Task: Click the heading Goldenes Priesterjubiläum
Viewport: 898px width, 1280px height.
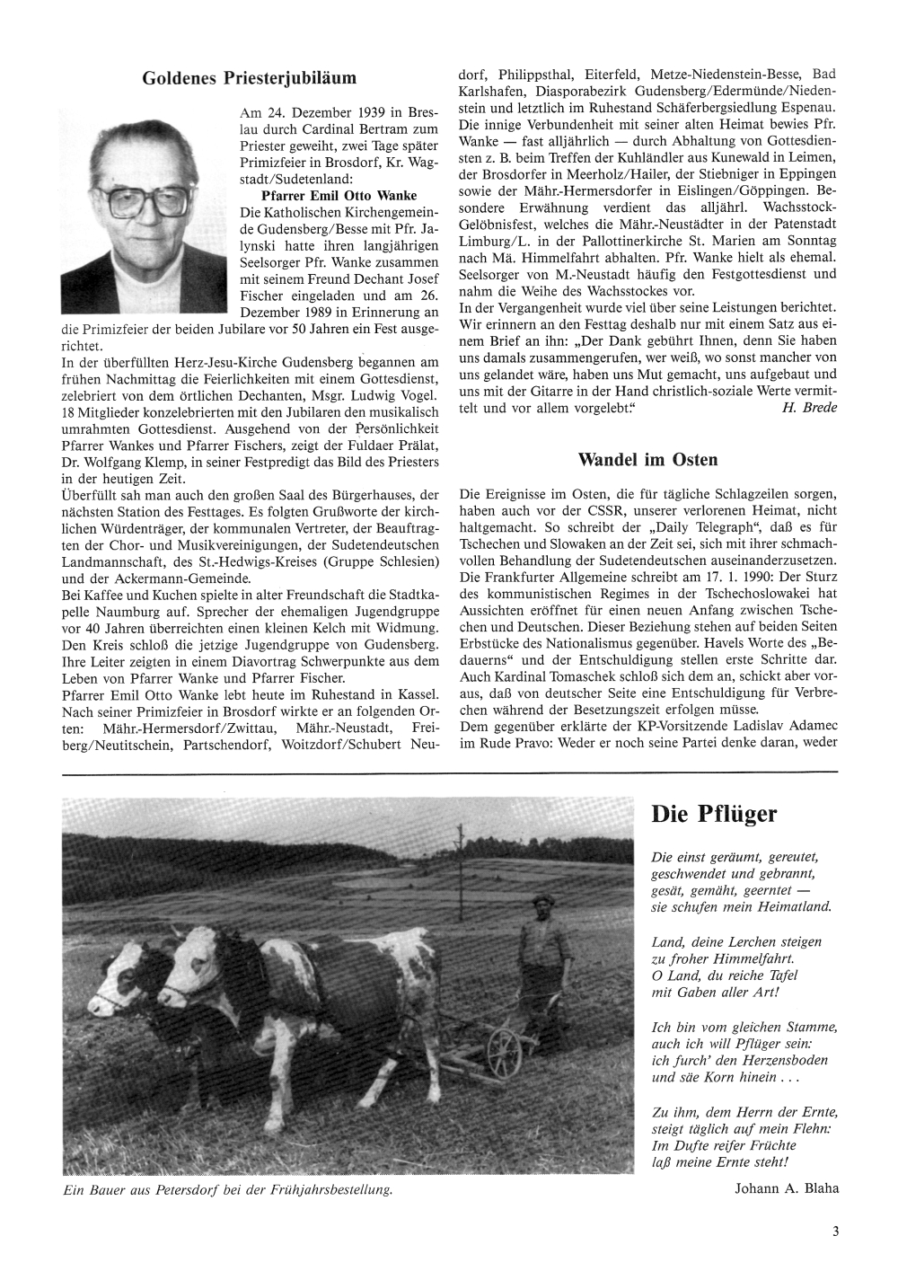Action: tap(249, 79)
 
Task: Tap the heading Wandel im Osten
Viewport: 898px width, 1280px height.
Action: tap(647, 460)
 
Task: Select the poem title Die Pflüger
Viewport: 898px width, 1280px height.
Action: tap(714, 815)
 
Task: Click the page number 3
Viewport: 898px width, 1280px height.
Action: tap(835, 1232)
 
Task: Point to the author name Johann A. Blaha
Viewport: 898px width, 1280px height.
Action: tap(786, 1188)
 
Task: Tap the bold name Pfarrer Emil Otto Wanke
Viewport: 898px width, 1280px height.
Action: tap(326, 195)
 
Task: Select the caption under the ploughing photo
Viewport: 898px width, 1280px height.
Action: tap(228, 1190)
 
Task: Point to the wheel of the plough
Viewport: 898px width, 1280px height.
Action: tap(504, 1047)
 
